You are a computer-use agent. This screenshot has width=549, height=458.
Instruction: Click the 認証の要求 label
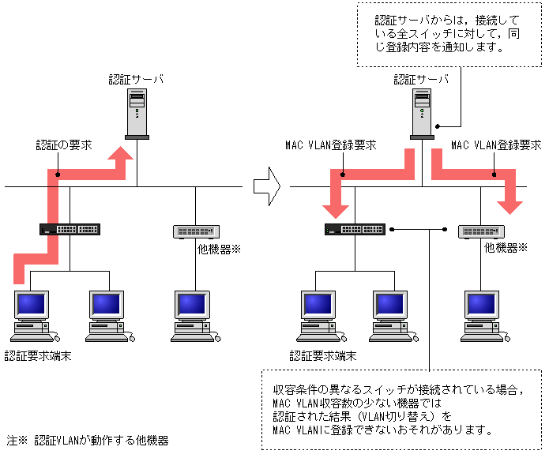click(64, 146)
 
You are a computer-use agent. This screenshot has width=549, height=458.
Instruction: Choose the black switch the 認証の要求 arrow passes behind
click(70, 230)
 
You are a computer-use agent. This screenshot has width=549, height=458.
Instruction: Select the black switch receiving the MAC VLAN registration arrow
click(355, 230)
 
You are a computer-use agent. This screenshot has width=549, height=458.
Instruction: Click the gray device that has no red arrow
click(195, 231)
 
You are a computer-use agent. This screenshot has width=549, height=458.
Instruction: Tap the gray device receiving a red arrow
click(480, 231)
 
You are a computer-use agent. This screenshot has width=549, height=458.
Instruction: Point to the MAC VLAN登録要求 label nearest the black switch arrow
click(330, 146)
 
